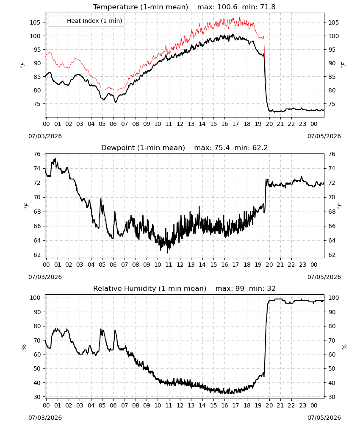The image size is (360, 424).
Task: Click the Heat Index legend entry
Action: pyautogui.click(x=86, y=21)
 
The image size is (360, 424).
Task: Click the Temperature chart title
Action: pyautogui.click(x=141, y=7)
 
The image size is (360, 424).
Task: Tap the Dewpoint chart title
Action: pyautogui.click(x=143, y=148)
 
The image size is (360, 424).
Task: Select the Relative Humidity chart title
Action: pyautogui.click(x=150, y=288)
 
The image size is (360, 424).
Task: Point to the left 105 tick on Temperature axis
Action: pyautogui.click(x=35, y=22)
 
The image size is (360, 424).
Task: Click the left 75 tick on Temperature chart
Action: pyautogui.click(x=37, y=104)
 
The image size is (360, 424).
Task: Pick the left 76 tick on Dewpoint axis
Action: pyautogui.click(x=37, y=154)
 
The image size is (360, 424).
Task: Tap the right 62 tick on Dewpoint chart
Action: pyautogui.click(x=332, y=255)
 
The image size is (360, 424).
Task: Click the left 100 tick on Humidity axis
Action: pyautogui.click(x=35, y=298)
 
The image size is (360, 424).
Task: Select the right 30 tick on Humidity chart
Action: pyautogui.click(x=332, y=397)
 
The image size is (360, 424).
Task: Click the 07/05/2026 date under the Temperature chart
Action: pyautogui.click(x=324, y=136)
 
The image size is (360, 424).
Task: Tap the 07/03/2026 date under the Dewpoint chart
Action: pyautogui.click(x=45, y=277)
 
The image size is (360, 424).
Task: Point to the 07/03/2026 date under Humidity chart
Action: pyautogui.click(x=45, y=418)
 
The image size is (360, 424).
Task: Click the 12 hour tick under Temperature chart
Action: pyautogui.click(x=180, y=124)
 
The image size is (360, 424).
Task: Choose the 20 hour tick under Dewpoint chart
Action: pyautogui.click(x=269, y=265)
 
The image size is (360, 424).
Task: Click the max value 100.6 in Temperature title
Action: pyautogui.click(x=227, y=7)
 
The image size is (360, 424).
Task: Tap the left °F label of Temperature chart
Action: pyautogui.click(x=23, y=65)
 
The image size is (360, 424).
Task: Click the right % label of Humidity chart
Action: pyautogui.click(x=344, y=347)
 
